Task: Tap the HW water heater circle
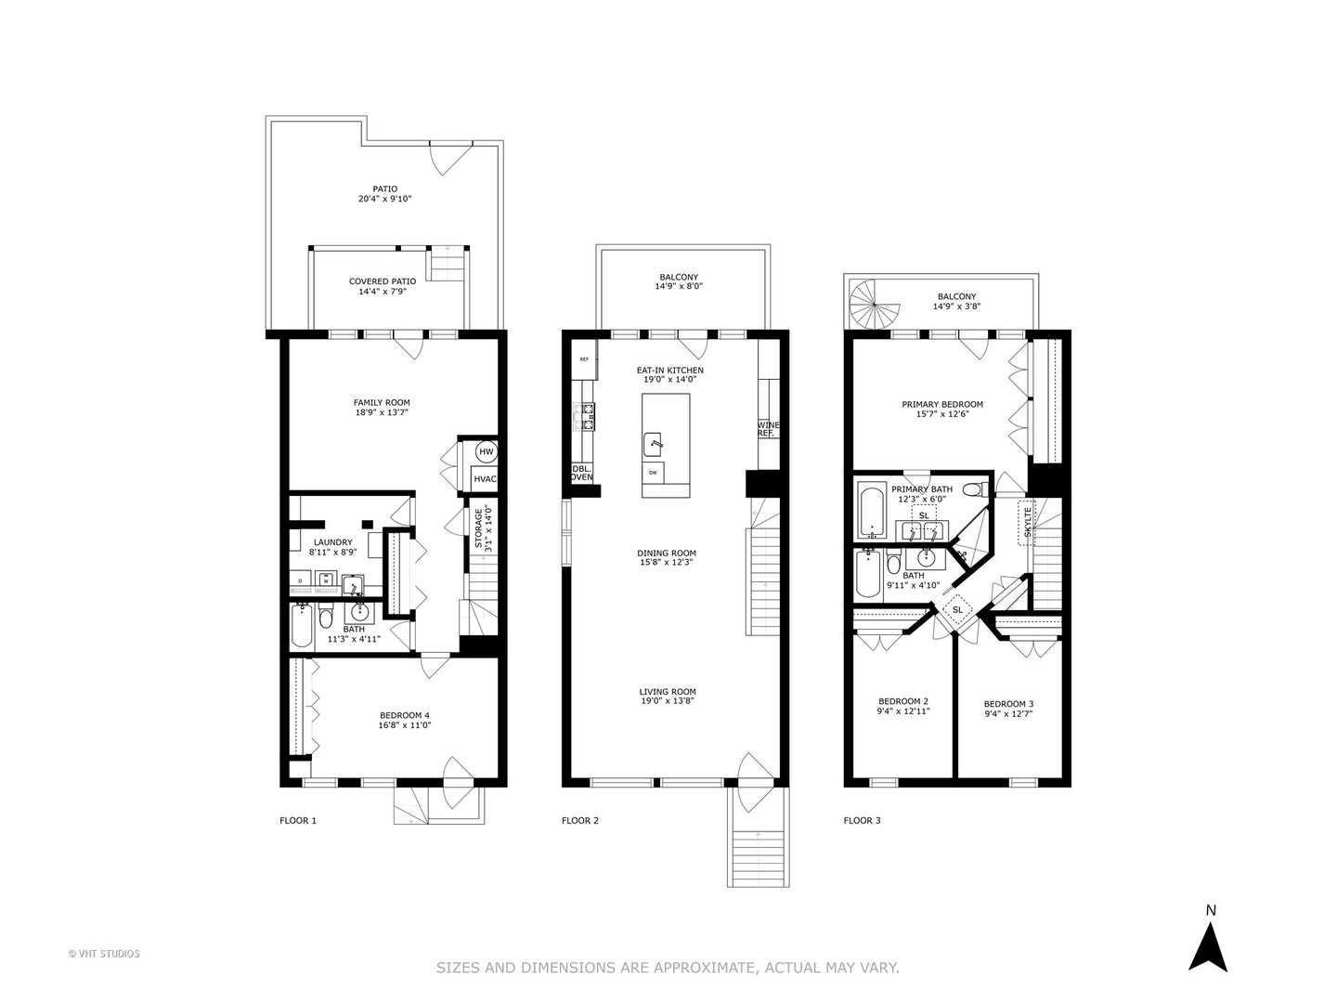[x=486, y=452]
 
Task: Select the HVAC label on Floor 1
[x=485, y=479]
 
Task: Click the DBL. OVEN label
[x=581, y=473]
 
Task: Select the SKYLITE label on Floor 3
[x=1027, y=522]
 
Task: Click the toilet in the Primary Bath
[x=973, y=489]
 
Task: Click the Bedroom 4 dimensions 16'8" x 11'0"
[x=404, y=725]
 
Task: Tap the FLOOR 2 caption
[x=580, y=820]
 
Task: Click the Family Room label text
[x=382, y=402]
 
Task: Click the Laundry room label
[x=332, y=541]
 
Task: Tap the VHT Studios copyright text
[x=104, y=953]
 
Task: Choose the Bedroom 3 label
[x=1008, y=703]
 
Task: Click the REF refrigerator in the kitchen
[x=585, y=358]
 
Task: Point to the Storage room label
[x=480, y=528]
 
